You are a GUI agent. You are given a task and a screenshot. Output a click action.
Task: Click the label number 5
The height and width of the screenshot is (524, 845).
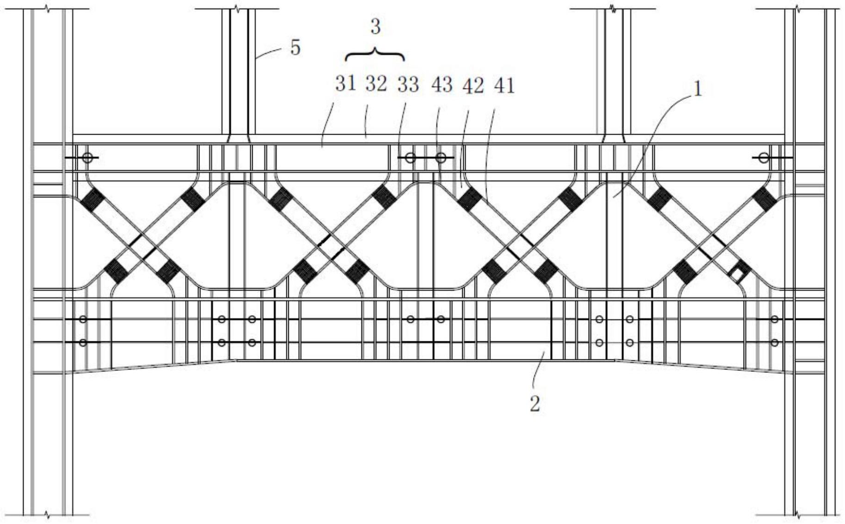point(295,48)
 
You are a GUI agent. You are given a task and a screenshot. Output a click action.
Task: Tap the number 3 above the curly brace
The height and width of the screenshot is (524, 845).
point(375,27)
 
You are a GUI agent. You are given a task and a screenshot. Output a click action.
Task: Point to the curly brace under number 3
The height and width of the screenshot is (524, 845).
point(375,55)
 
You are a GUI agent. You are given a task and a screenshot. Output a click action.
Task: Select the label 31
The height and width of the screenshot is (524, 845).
point(346,84)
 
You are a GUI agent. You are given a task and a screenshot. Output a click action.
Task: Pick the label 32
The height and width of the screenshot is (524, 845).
point(376,84)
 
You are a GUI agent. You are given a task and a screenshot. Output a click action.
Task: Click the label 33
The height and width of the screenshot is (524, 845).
point(408,85)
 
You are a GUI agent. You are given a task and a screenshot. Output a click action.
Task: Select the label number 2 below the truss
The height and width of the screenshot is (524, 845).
point(534,404)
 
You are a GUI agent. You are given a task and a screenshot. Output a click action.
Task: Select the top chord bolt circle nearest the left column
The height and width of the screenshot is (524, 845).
point(87,158)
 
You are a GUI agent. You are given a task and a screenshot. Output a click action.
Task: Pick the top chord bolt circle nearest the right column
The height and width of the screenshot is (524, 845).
point(764,158)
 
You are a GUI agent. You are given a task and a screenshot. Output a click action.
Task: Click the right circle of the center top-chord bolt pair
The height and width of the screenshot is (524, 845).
point(441,158)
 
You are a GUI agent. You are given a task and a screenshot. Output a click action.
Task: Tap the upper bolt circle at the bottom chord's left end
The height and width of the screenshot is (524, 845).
point(83,319)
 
